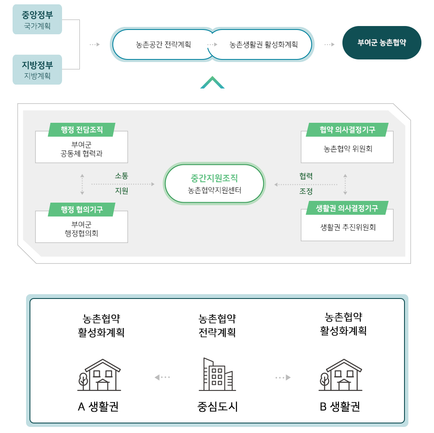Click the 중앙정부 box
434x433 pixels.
point(37,20)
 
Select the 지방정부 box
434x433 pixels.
point(37,70)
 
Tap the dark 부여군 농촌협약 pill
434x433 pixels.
point(381,43)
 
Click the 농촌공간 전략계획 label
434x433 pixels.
point(163,45)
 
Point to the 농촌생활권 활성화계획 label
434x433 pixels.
point(263,45)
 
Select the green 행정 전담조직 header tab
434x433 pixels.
point(82,130)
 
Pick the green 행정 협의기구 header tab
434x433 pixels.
point(82,210)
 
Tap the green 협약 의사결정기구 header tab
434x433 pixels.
point(347,130)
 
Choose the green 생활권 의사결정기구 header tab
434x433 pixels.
point(347,208)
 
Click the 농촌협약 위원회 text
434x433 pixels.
point(348,149)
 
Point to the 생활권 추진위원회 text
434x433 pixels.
point(348,227)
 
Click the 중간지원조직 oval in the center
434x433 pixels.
point(214,184)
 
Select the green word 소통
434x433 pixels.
point(122,176)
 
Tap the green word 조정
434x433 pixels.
point(306,191)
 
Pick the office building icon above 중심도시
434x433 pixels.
point(217,374)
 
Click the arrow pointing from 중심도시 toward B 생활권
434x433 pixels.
point(283,377)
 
